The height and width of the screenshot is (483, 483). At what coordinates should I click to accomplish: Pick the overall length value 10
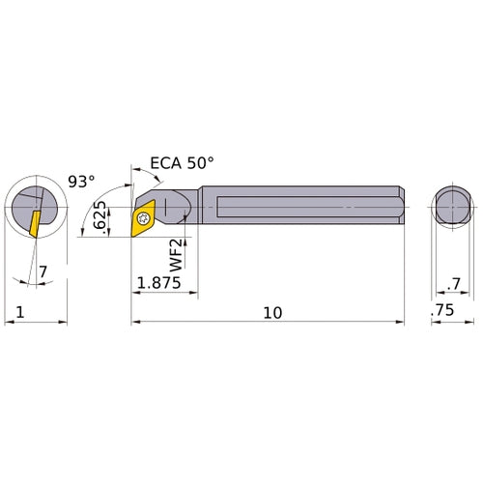point(272,312)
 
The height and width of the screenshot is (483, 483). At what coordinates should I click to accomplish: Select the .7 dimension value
point(453,283)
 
